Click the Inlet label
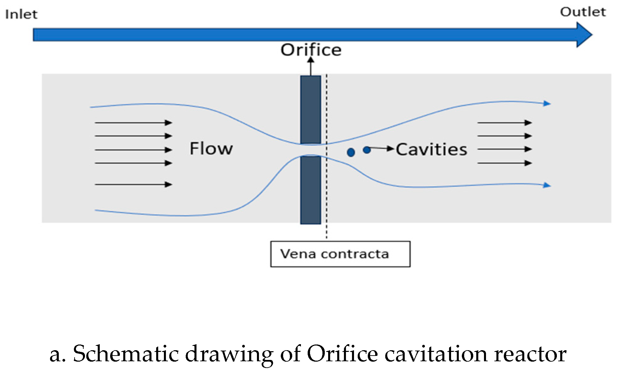coord(21,14)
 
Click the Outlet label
coord(583,12)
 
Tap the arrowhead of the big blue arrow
coord(584,35)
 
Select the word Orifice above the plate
coord(311,50)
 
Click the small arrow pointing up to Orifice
coord(311,66)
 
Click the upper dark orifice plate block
coord(311,109)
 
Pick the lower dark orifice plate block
coord(311,190)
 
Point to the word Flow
coord(211,149)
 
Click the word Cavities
coord(431,150)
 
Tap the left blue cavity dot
coord(351,153)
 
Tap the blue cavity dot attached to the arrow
coord(367,150)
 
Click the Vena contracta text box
coord(340,254)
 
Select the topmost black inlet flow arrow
coord(133,123)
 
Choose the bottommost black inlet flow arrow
coord(133,184)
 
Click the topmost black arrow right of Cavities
coord(504,123)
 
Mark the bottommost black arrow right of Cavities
coord(504,163)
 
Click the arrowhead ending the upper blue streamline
coord(547,104)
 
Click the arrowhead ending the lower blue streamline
coord(547,185)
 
